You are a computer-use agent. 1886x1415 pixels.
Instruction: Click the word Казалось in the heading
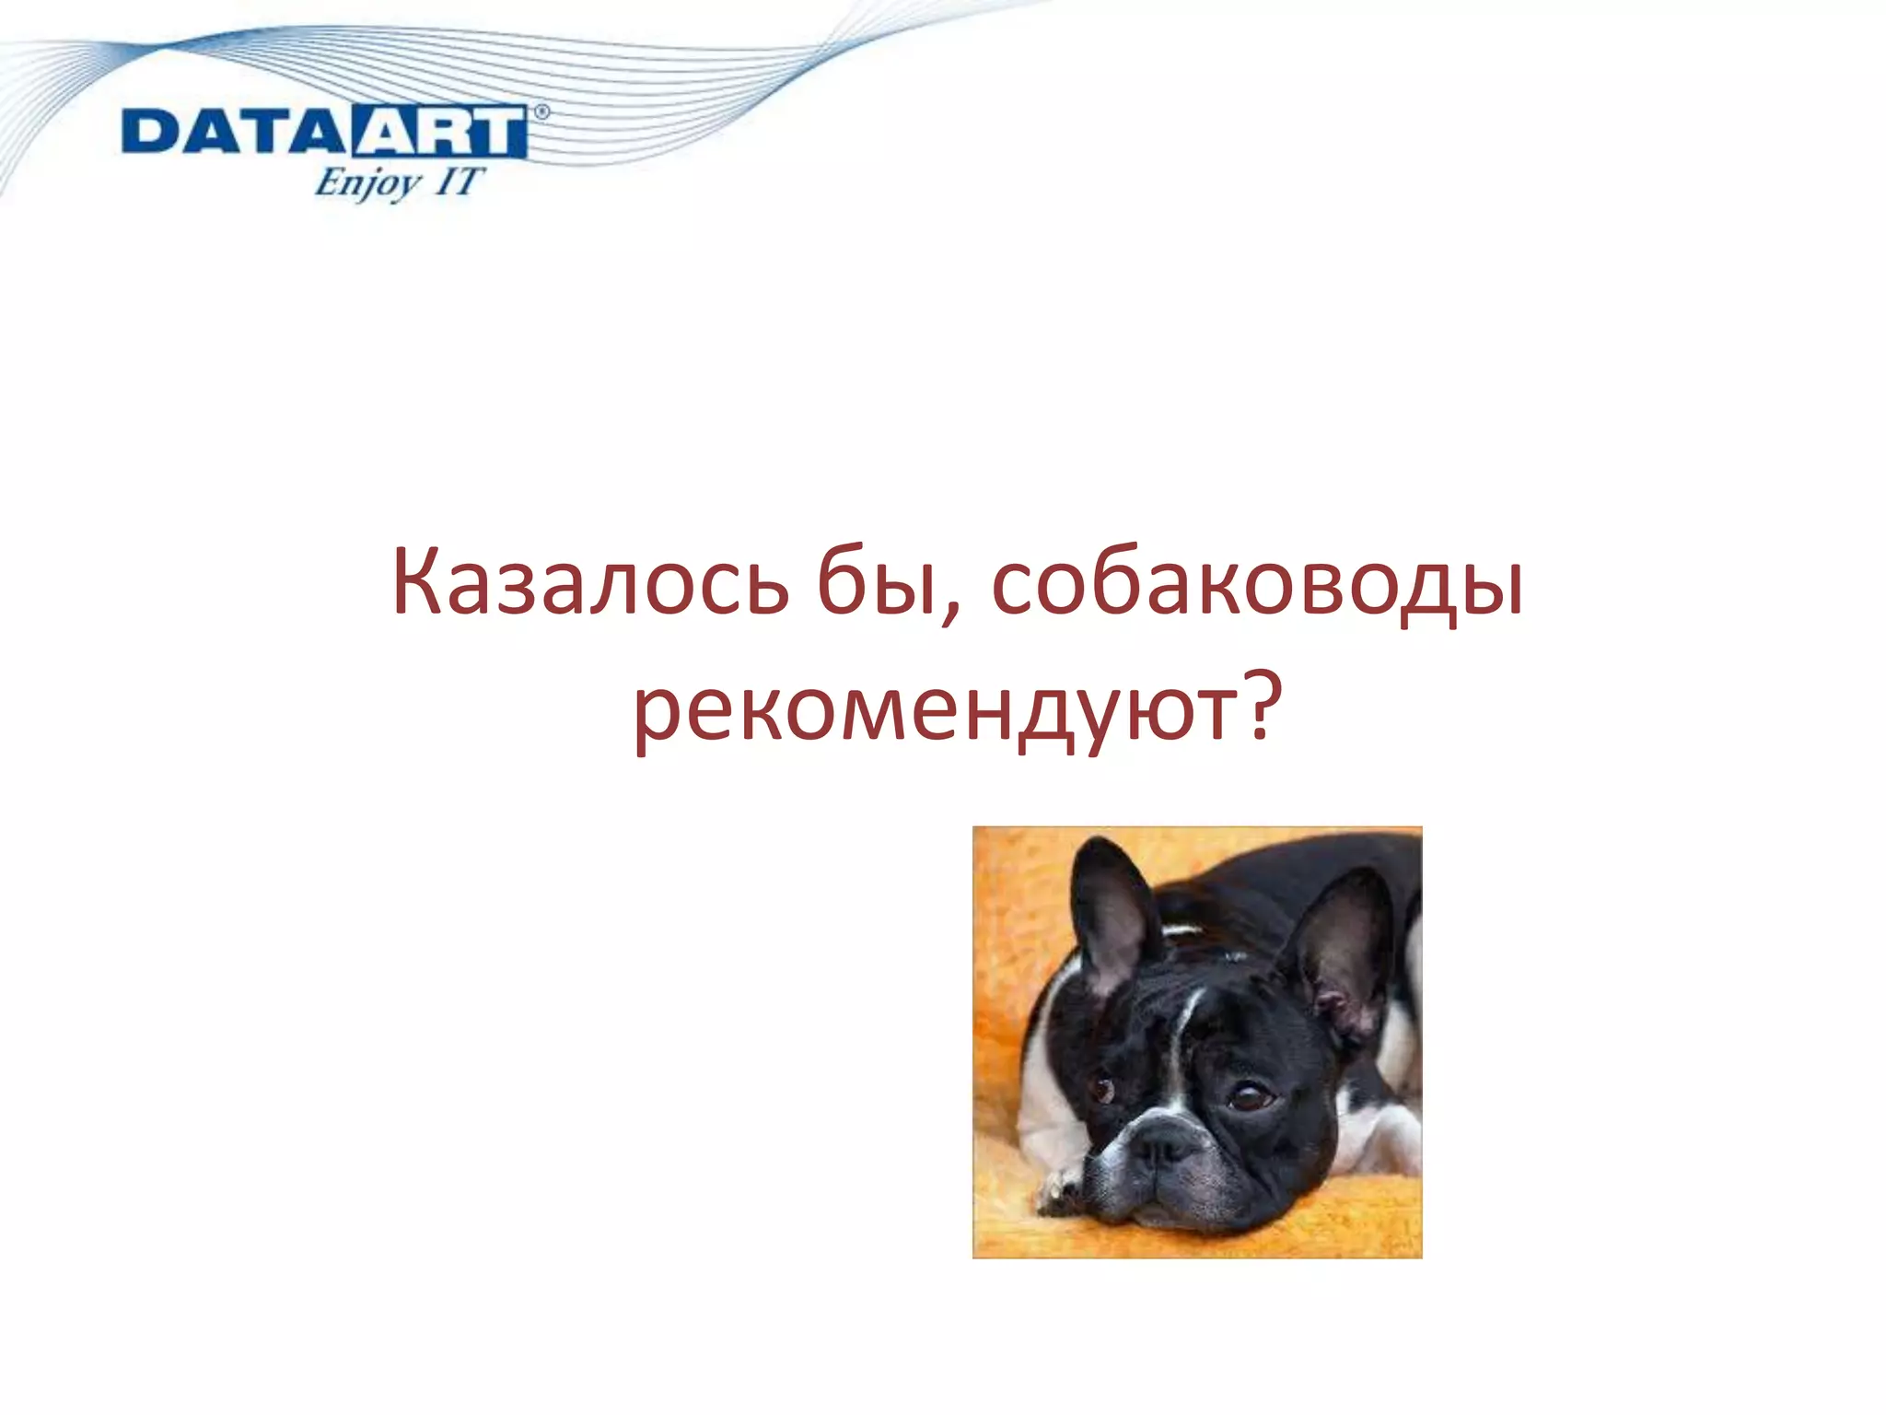tap(589, 584)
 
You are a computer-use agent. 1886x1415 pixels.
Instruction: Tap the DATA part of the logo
tap(235, 132)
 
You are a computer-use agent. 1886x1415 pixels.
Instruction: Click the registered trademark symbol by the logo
tap(541, 112)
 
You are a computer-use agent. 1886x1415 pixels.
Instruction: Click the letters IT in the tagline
tap(458, 181)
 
